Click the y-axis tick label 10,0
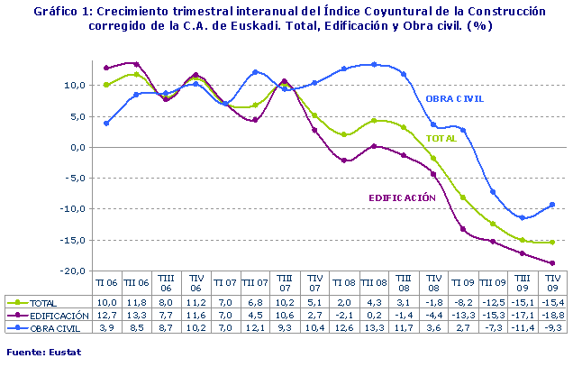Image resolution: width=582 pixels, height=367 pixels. [x=76, y=86]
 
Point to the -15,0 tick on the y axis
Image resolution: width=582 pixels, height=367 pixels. [x=74, y=240]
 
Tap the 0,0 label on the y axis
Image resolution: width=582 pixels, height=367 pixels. [x=77, y=147]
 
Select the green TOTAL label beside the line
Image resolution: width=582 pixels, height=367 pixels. [x=441, y=140]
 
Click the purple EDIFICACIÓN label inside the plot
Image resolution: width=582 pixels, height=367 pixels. [x=403, y=197]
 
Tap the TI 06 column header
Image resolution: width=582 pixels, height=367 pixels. [x=106, y=282]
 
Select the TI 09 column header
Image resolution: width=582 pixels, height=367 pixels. [x=462, y=282]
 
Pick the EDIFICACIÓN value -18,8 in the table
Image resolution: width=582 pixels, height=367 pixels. [x=551, y=316]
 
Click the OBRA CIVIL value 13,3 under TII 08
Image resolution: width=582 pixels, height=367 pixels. [x=374, y=328]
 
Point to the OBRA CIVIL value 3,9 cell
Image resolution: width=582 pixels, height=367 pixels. [x=106, y=328]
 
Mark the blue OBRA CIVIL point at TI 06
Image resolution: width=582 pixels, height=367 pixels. [x=106, y=123]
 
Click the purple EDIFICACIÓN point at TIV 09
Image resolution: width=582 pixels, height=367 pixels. [x=551, y=263]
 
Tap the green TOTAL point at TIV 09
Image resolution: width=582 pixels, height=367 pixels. [x=551, y=243]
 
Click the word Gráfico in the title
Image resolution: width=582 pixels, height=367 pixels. [x=53, y=12]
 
